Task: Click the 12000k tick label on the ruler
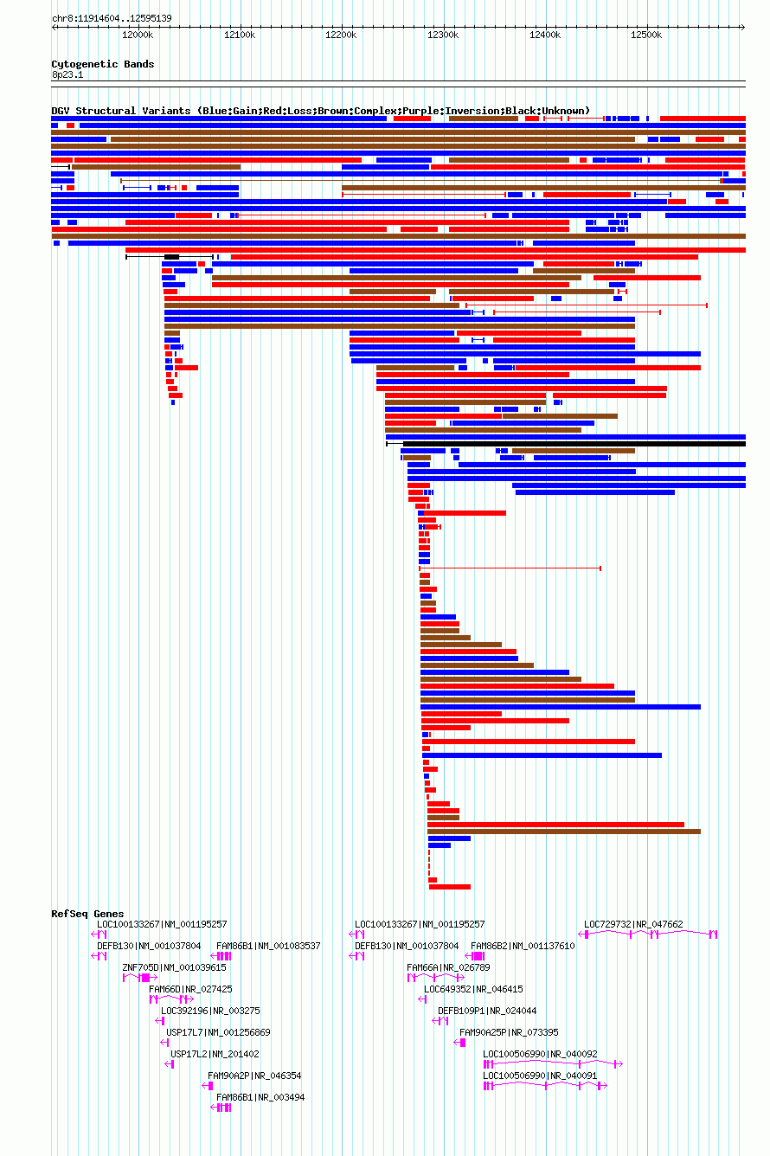tap(138, 35)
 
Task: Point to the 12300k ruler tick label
tap(443, 35)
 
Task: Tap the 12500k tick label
tap(646, 35)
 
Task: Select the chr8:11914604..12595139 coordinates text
tap(112, 18)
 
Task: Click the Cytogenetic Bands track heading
tap(102, 64)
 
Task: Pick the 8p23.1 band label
tap(67, 74)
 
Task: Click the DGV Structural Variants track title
tap(320, 111)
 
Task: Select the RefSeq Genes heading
tap(87, 914)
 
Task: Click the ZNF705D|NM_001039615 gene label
tap(174, 967)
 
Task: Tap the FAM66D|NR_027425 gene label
tap(190, 989)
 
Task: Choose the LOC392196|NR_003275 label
tap(210, 1011)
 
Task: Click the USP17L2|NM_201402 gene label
tap(215, 1054)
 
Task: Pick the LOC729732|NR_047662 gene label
tap(633, 924)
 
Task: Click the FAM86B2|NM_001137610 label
tap(523, 946)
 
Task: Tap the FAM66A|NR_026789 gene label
tap(448, 967)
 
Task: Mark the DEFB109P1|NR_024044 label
tap(487, 1011)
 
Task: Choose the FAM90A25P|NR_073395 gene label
tap(509, 1032)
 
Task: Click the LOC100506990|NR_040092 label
tap(540, 1054)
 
